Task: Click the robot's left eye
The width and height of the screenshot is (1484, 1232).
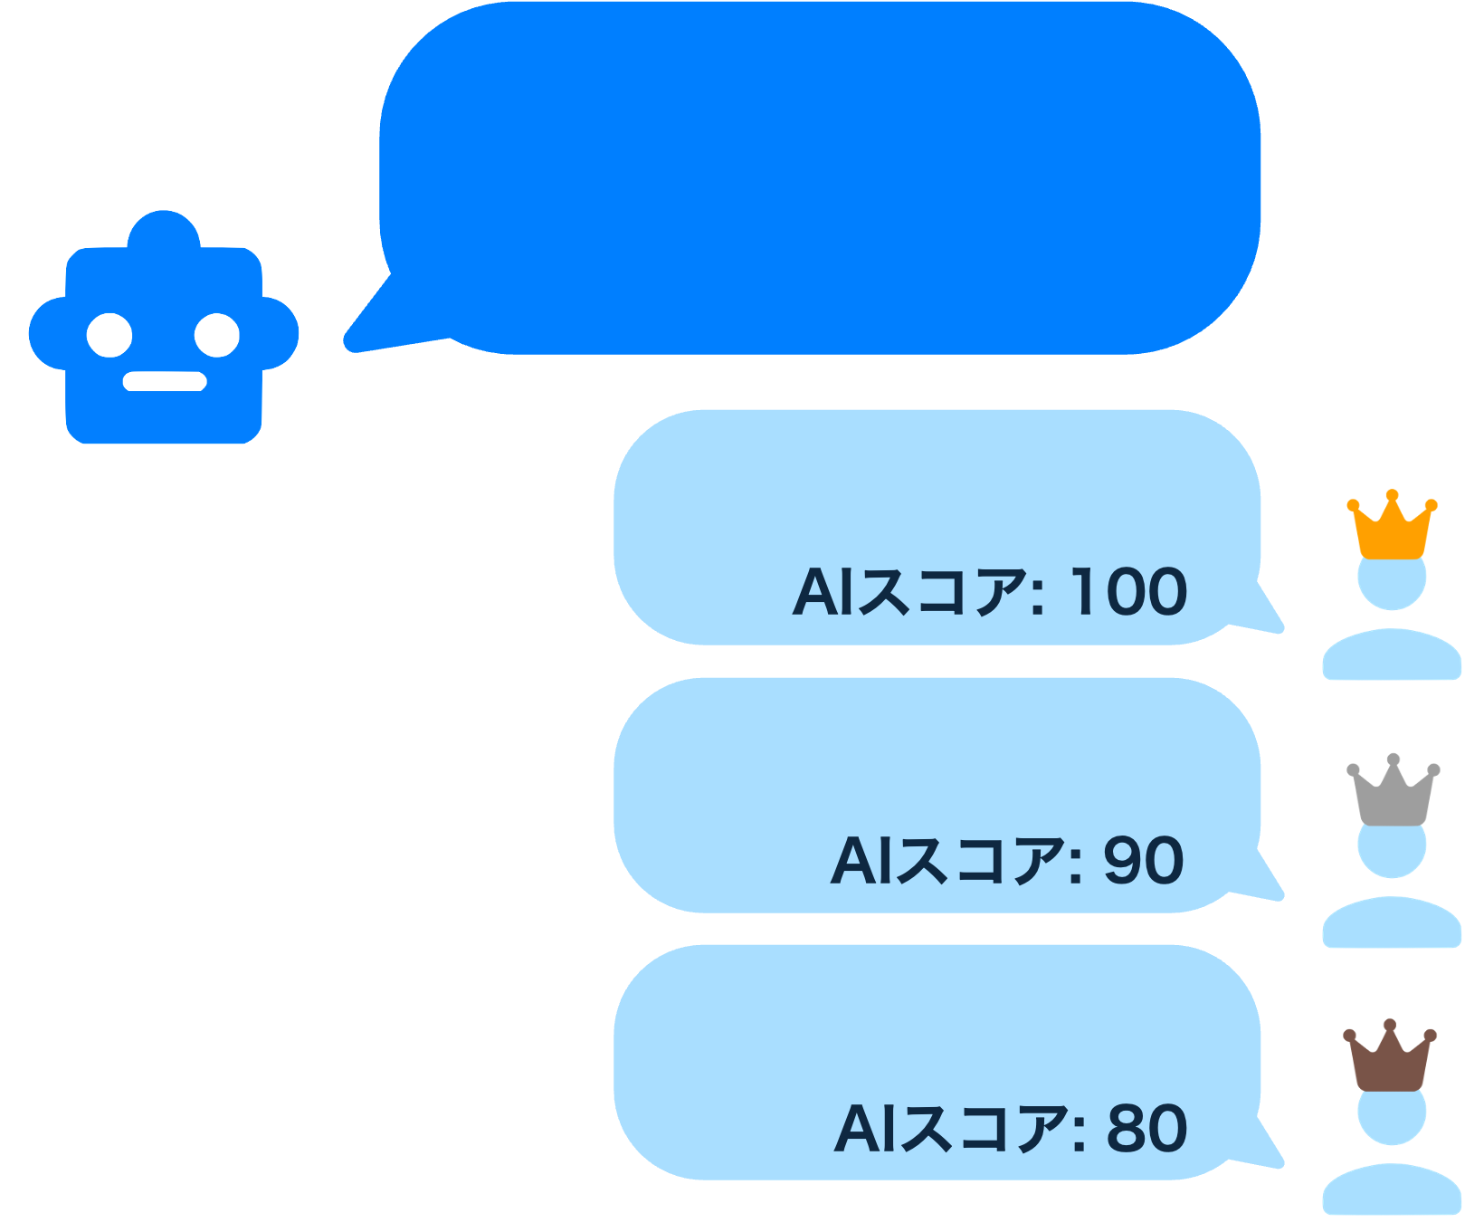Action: (x=109, y=335)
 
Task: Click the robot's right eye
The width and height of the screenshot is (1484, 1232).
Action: (x=217, y=335)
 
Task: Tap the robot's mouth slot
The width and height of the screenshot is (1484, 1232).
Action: (x=165, y=381)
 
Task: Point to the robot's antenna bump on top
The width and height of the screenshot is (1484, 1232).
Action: (x=164, y=230)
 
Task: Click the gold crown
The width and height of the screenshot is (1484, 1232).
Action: (x=1392, y=530)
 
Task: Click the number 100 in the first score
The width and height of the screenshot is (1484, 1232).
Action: (x=1128, y=592)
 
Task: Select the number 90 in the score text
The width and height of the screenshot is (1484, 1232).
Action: (x=1143, y=860)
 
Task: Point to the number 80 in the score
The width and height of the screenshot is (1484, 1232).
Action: (x=1146, y=1128)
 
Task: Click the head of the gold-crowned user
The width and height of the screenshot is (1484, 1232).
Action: (x=1392, y=583)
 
